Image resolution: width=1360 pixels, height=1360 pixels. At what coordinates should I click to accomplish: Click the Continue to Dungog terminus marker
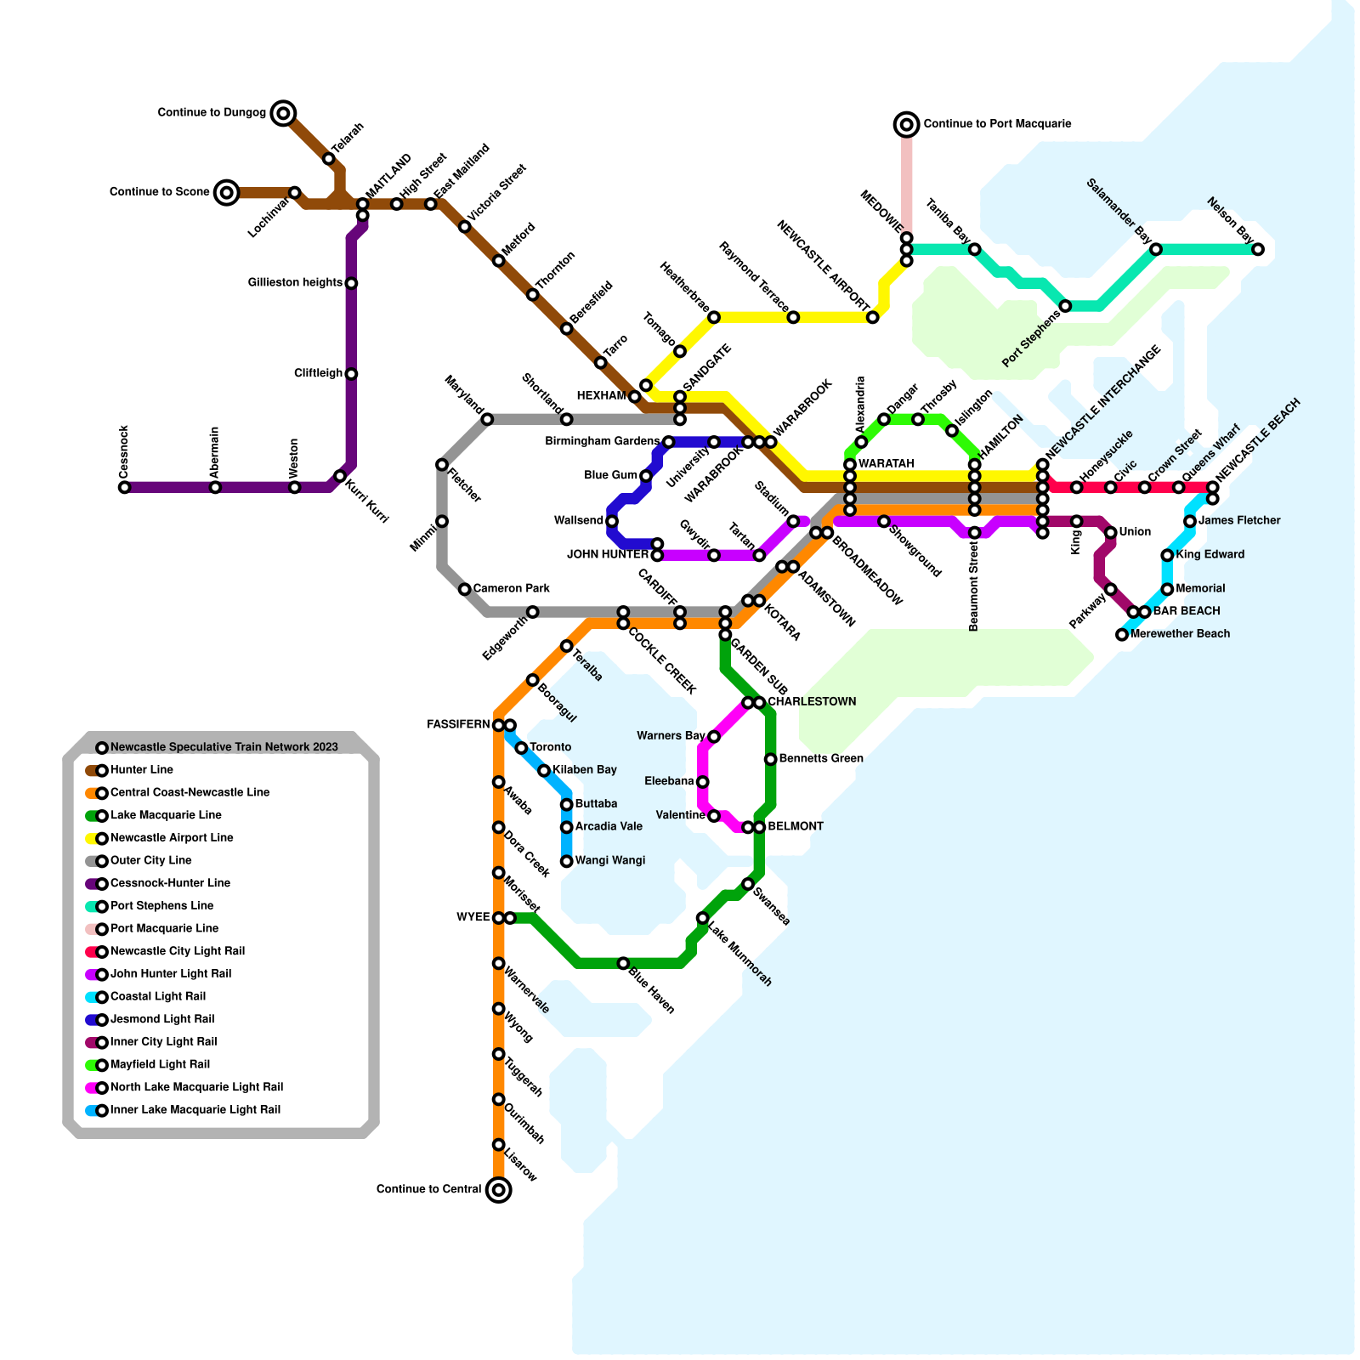click(284, 112)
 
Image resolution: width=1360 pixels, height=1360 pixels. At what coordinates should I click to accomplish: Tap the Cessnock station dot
click(124, 487)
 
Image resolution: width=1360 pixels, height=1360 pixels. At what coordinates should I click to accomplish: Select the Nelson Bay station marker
click(1258, 249)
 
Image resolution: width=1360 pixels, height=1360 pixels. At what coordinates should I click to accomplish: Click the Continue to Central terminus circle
click(499, 1190)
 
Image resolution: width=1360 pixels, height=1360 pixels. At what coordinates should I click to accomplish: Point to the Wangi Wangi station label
click(609, 860)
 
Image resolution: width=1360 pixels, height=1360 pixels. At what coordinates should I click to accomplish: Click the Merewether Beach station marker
click(1122, 634)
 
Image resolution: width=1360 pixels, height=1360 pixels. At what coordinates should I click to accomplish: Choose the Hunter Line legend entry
click(141, 770)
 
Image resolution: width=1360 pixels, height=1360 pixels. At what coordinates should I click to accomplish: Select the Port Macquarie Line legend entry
click(164, 928)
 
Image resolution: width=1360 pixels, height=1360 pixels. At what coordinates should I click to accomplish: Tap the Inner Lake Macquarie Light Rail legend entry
click(195, 1109)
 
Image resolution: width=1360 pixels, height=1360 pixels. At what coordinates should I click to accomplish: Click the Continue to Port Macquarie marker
click(907, 124)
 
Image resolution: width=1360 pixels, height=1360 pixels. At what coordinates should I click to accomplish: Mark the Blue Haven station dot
click(623, 963)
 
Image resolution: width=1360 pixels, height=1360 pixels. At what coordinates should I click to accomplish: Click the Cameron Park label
click(511, 588)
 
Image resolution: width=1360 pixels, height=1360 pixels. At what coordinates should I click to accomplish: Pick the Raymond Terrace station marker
click(793, 317)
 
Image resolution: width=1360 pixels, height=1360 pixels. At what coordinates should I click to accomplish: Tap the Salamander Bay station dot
click(1156, 249)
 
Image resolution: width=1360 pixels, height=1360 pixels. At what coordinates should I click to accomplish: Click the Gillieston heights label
click(295, 282)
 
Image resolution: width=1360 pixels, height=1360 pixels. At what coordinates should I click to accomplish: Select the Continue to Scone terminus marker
click(226, 192)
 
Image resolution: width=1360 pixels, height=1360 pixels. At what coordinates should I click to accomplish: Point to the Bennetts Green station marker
click(770, 759)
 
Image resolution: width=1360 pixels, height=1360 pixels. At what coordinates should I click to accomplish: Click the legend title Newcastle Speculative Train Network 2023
click(224, 747)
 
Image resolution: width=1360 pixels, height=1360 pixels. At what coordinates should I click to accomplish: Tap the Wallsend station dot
click(612, 521)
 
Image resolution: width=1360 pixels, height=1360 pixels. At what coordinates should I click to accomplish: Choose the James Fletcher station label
click(1238, 520)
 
